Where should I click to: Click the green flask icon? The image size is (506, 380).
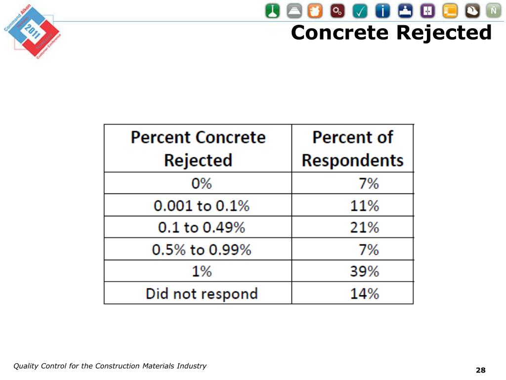(x=272, y=11)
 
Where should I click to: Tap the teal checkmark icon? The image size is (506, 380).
(x=360, y=11)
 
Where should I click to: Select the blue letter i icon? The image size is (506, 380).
(x=382, y=11)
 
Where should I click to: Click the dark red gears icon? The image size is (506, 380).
(x=337, y=11)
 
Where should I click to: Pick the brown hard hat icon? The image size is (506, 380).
(x=472, y=11)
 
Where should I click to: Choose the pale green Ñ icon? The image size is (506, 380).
(x=494, y=11)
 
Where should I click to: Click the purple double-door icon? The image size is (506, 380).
(x=427, y=11)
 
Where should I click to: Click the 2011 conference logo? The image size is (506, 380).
(x=33, y=31)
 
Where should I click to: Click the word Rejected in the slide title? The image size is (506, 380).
(x=444, y=33)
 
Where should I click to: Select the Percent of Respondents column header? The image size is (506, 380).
(x=352, y=148)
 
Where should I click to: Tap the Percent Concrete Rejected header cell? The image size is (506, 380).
(x=198, y=148)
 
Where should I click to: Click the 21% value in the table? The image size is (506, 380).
(x=365, y=227)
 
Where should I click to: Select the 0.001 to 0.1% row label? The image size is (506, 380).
(x=202, y=205)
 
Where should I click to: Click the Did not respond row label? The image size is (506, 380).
(x=202, y=294)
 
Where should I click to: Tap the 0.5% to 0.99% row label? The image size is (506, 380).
(x=202, y=249)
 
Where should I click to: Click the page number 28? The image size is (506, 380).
(x=480, y=370)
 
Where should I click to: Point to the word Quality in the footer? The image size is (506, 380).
(x=25, y=366)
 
